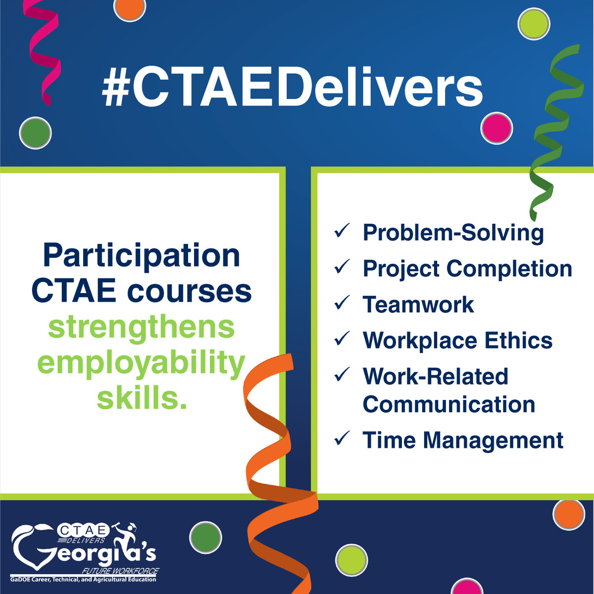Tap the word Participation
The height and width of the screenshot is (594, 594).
tap(142, 256)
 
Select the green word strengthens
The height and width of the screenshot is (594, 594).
tap(142, 328)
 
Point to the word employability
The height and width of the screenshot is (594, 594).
tap(142, 364)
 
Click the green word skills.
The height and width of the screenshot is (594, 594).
tap(142, 398)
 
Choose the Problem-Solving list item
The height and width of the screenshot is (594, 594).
tap(453, 233)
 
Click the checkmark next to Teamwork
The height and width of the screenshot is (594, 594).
tap(342, 303)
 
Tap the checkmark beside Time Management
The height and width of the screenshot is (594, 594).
tap(342, 439)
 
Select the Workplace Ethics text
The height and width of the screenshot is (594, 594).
tap(457, 341)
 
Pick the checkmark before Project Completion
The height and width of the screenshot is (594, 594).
tap(342, 267)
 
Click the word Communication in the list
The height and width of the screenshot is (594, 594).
tap(449, 404)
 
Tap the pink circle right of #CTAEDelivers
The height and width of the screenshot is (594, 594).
tap(496, 128)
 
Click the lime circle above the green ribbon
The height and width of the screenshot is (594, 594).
tap(534, 24)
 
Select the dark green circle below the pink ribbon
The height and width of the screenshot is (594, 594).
tap(35, 133)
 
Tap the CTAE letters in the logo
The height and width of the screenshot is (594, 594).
tap(83, 531)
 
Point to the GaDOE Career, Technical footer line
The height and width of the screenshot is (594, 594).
tap(83, 579)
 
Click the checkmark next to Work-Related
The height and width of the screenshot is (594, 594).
tap(342, 375)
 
